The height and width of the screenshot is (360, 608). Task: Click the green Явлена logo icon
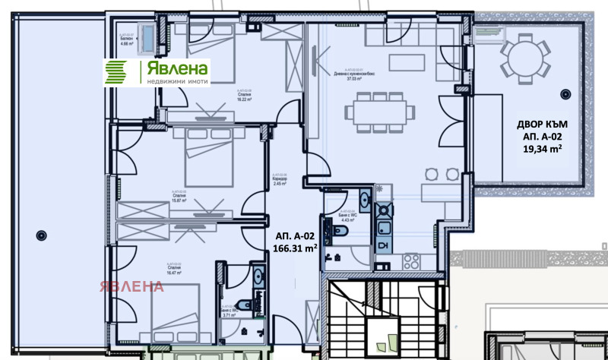[121, 72]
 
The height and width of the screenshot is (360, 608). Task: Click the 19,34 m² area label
[540, 150]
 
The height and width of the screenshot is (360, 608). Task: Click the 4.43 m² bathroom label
[347, 219]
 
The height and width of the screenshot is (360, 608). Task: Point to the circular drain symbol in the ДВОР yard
[565, 93]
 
